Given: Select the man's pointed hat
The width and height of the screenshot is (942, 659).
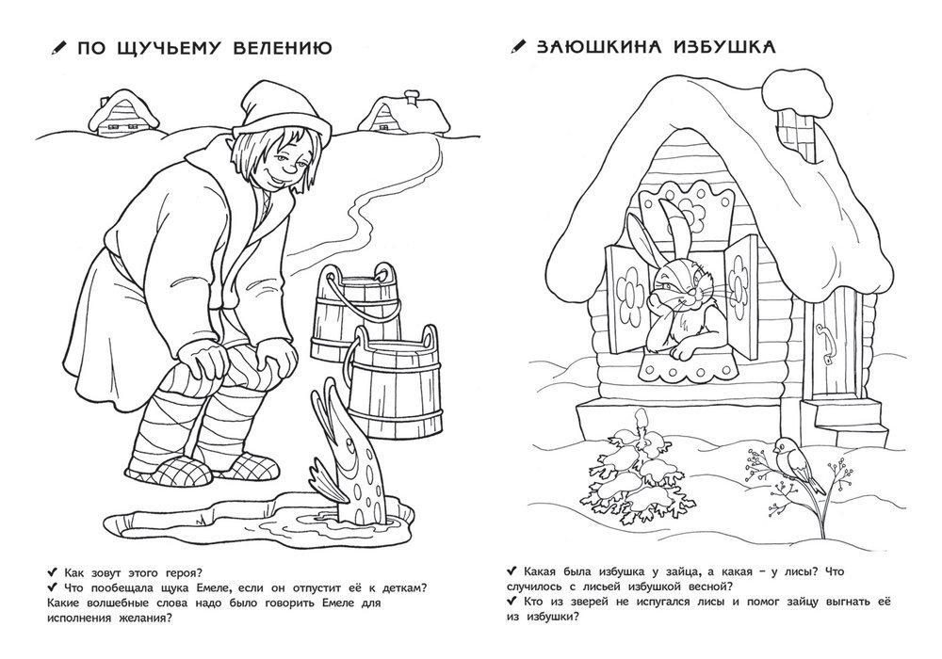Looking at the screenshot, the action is [283, 108].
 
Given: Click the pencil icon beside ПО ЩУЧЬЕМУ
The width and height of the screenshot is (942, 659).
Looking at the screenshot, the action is [58, 49].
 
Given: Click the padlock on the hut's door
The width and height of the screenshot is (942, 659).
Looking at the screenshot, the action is [828, 362].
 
